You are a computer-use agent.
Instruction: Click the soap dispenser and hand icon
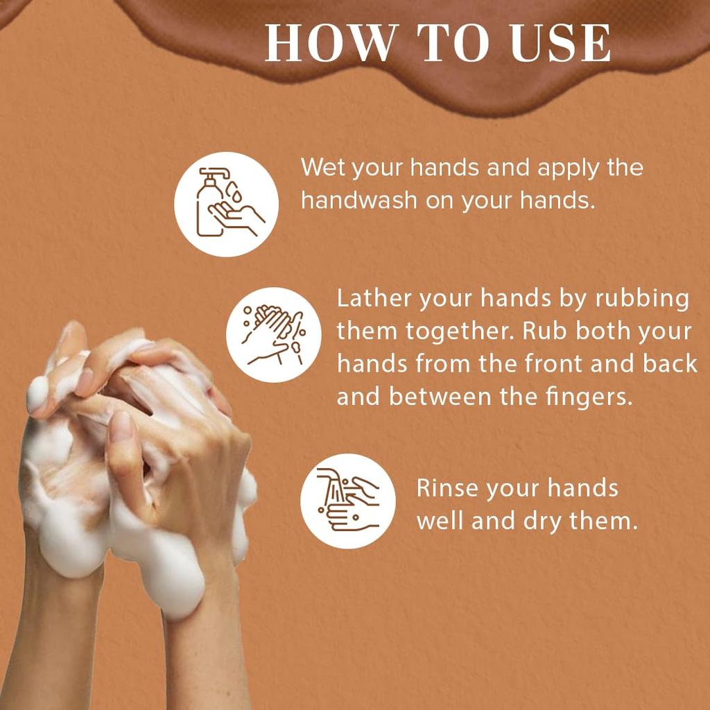point(226,204)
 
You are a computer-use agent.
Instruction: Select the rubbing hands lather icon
point(274,335)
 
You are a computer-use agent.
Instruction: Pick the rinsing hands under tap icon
point(347,501)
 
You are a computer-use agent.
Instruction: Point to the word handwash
point(359,200)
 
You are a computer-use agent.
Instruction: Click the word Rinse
point(447,488)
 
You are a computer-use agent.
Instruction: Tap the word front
point(551,364)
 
